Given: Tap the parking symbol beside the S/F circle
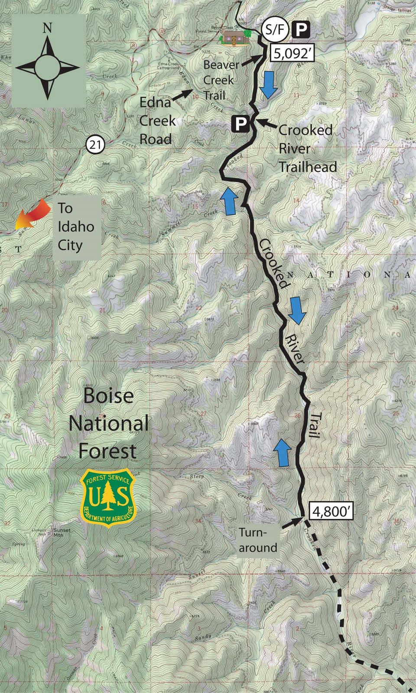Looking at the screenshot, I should (302, 29).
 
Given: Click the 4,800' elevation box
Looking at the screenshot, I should (331, 511).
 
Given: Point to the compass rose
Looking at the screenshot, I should (47, 68).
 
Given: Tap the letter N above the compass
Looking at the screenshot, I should (47, 29).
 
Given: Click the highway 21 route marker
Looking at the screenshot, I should (95, 144).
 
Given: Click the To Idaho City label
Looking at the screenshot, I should (75, 227).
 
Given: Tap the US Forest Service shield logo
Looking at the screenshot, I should (108, 498).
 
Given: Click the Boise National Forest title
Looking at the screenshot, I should (108, 423).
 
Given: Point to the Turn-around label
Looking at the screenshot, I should (258, 540).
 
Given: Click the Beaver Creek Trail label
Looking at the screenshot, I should (220, 80).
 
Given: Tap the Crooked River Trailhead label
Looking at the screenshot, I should (307, 148).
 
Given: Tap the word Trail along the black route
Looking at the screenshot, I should (315, 425).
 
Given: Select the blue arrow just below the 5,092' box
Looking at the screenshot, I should (269, 84).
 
